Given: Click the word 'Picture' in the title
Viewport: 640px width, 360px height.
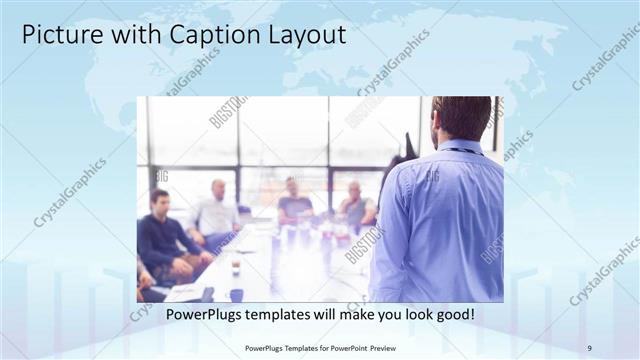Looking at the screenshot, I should (x=59, y=35).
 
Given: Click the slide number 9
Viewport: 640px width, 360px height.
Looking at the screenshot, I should (x=590, y=347).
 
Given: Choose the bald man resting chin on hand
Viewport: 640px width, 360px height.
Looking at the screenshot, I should (x=356, y=205).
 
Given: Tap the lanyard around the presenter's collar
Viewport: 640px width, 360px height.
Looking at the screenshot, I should (x=460, y=152).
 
